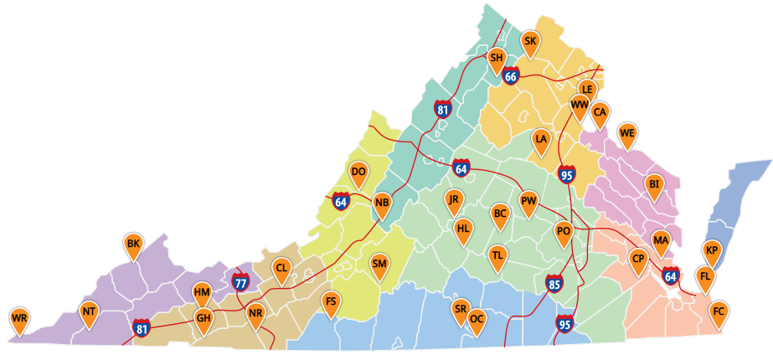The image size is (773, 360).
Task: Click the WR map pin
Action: click(x=20, y=319)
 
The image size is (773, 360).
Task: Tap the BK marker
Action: click(x=132, y=245)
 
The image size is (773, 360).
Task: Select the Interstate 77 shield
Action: click(x=240, y=280)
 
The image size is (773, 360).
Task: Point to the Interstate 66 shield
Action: click(x=512, y=76)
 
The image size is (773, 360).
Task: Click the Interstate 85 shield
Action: click(x=554, y=284)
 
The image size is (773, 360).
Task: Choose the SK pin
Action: click(x=530, y=42)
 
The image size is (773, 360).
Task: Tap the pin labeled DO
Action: click(x=358, y=173)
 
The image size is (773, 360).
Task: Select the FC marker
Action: click(x=718, y=313)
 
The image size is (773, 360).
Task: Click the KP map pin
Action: click(x=712, y=251)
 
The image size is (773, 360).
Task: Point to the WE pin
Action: click(x=627, y=134)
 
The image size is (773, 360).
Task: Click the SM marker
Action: click(x=379, y=265)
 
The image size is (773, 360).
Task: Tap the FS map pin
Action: click(x=331, y=302)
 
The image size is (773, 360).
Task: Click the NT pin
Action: click(x=90, y=312)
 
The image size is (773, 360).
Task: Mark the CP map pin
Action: click(x=638, y=260)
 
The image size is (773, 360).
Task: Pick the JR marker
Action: click(x=454, y=200)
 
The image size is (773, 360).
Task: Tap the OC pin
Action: click(x=477, y=320)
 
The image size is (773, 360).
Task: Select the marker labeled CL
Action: click(x=281, y=270)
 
